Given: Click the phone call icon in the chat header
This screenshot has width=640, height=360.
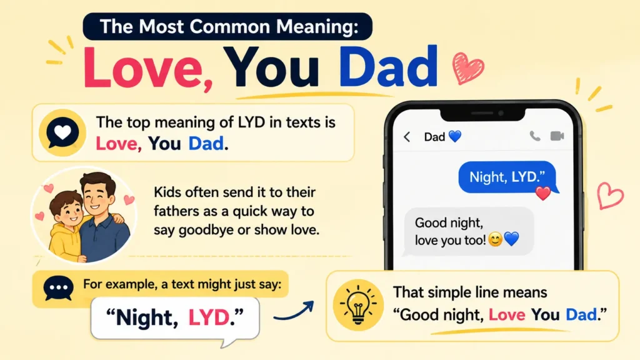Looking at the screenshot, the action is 535,136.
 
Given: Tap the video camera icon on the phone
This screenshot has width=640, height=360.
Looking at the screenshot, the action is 557,136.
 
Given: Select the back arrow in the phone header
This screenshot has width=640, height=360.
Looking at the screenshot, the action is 407,137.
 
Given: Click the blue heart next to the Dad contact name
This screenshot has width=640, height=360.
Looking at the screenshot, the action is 455,136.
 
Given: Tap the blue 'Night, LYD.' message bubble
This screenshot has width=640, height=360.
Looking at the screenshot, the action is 507,177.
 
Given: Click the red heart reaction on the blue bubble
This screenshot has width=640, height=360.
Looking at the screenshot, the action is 543,193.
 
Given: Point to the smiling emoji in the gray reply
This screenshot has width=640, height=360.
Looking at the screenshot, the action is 495,239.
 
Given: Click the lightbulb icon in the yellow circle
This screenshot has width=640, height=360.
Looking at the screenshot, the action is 358,305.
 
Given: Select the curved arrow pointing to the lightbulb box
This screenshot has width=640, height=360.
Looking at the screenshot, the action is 294,311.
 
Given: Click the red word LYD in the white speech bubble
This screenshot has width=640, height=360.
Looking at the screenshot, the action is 209,317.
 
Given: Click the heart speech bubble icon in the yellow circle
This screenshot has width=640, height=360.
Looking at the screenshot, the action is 62,132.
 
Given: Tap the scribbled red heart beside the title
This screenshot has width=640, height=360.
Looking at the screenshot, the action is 467,67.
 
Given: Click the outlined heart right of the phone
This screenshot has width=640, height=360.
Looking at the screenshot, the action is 610,196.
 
